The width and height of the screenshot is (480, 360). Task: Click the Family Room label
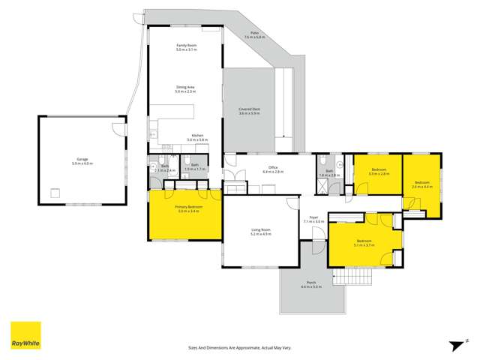(x=186, y=46)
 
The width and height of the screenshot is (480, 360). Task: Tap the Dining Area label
(x=186, y=87)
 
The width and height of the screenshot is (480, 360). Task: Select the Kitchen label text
(x=197, y=136)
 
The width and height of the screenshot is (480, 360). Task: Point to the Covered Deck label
(x=249, y=109)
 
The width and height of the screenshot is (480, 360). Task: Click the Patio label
(x=255, y=33)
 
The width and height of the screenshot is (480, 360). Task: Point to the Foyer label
(x=313, y=217)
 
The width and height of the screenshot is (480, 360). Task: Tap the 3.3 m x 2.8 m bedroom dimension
(x=379, y=173)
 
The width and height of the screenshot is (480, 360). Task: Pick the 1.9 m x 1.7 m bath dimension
(x=195, y=169)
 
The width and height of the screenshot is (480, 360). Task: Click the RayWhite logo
(x=25, y=336)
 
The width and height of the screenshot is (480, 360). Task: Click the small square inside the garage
(x=55, y=193)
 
